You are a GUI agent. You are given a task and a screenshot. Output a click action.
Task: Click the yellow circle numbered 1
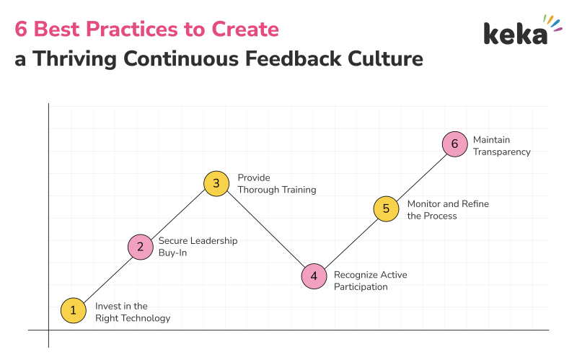(x=72, y=310)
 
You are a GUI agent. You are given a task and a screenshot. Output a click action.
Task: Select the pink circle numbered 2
(x=141, y=247)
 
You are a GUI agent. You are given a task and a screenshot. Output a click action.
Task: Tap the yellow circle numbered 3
(x=216, y=184)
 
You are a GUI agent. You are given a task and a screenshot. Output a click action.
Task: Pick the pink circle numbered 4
(x=314, y=276)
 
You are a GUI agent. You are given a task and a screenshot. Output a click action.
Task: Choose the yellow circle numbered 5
(x=386, y=209)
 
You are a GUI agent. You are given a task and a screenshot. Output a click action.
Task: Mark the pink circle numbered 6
(x=454, y=144)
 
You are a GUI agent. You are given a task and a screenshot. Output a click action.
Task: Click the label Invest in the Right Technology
(x=133, y=312)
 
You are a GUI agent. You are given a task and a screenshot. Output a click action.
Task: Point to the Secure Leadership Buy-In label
(x=198, y=247)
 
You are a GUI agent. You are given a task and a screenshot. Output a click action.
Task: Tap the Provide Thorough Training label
(x=276, y=184)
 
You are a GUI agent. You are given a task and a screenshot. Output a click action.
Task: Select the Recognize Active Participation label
(x=371, y=281)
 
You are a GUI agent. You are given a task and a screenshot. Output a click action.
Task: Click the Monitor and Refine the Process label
(x=448, y=209)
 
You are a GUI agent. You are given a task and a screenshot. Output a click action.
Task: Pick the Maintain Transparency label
(x=501, y=146)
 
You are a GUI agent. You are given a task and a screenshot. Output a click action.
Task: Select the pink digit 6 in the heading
(x=21, y=30)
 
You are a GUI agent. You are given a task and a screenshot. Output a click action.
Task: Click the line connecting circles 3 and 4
(x=265, y=230)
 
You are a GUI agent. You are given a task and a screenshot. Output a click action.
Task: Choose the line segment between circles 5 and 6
(x=420, y=177)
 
